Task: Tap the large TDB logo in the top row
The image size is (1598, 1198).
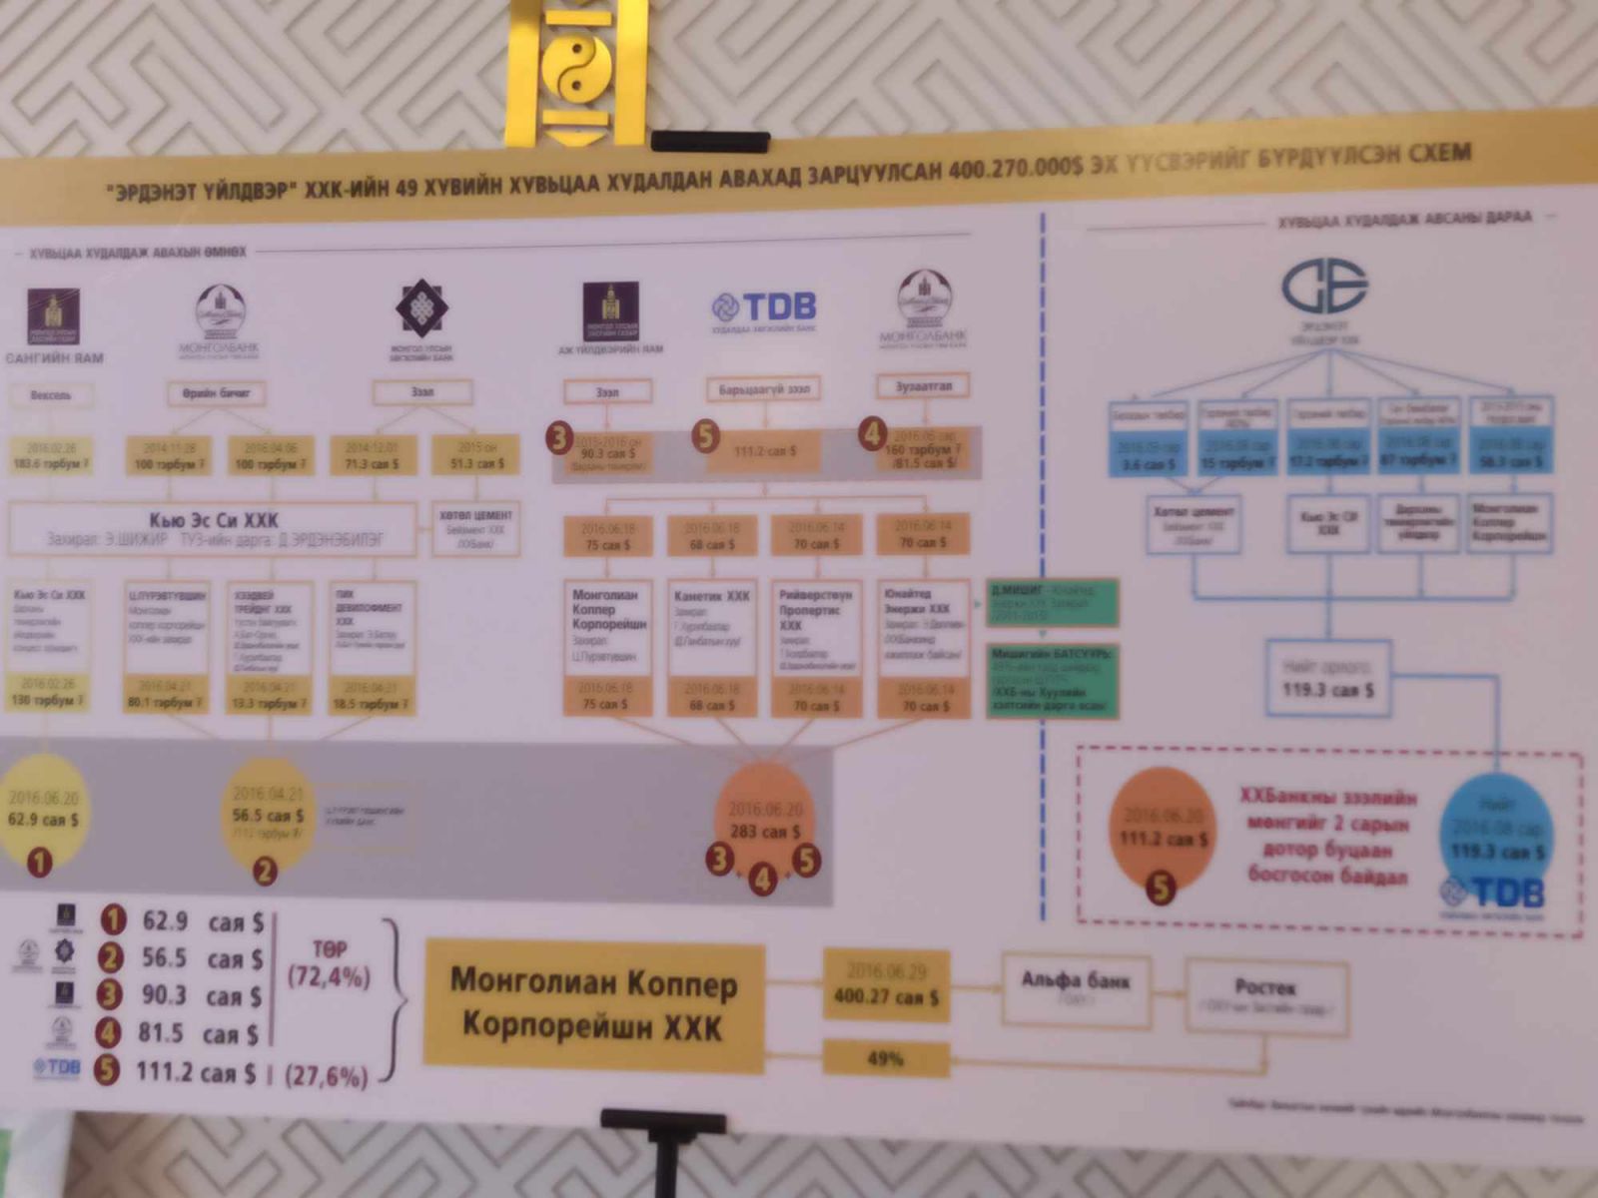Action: (764, 306)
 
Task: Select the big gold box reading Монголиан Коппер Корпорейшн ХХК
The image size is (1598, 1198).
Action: (594, 1005)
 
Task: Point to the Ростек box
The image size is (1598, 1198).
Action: (1264, 994)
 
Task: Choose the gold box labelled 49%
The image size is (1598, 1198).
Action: (885, 1058)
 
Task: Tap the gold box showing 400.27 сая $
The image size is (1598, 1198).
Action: (886, 984)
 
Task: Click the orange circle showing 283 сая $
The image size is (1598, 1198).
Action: (765, 820)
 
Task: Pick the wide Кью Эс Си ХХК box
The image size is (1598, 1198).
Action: (213, 528)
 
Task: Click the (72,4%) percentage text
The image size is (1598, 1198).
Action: (329, 975)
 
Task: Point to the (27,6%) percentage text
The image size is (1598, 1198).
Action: (327, 1075)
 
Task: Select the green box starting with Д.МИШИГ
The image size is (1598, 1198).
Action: (1051, 602)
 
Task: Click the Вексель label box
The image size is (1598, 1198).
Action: (51, 395)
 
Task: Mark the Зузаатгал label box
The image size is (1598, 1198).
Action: (923, 385)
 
